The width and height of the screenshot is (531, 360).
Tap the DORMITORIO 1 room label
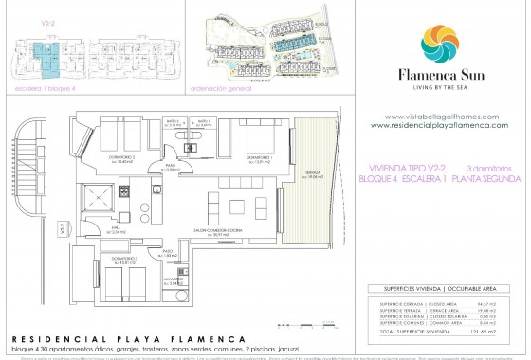259,157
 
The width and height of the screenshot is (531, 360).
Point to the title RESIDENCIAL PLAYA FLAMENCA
115,338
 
